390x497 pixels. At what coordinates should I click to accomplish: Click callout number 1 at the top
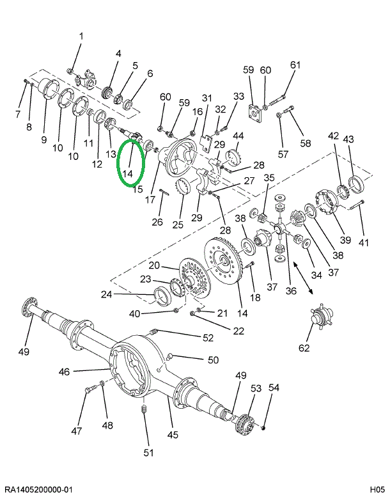[81, 36]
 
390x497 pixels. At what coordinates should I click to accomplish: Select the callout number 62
[304, 348]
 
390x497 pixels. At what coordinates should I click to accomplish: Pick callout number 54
[274, 388]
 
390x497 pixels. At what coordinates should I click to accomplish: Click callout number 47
[77, 431]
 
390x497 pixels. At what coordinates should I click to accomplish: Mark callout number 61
[295, 65]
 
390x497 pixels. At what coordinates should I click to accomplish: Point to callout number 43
[348, 138]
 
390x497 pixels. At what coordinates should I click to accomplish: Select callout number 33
[238, 97]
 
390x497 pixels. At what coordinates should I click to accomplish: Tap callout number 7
[18, 114]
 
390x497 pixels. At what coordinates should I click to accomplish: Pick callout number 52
[208, 338]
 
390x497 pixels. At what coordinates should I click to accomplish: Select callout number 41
[364, 243]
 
